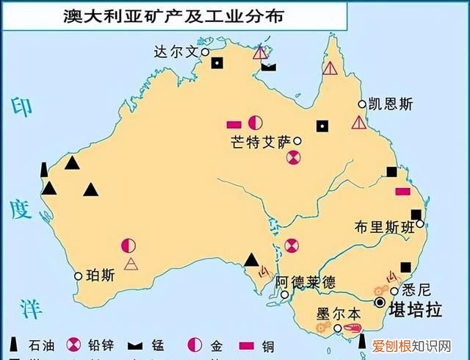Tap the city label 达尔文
[x=176, y=52]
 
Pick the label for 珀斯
[x=100, y=276]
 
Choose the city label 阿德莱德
[x=305, y=281]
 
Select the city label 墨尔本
[x=339, y=312]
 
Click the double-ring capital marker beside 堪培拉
[x=380, y=302]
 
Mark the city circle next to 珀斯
[x=79, y=276]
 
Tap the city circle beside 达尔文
[x=206, y=53]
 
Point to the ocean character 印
[x=20, y=107]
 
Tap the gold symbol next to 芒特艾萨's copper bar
[x=255, y=123]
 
